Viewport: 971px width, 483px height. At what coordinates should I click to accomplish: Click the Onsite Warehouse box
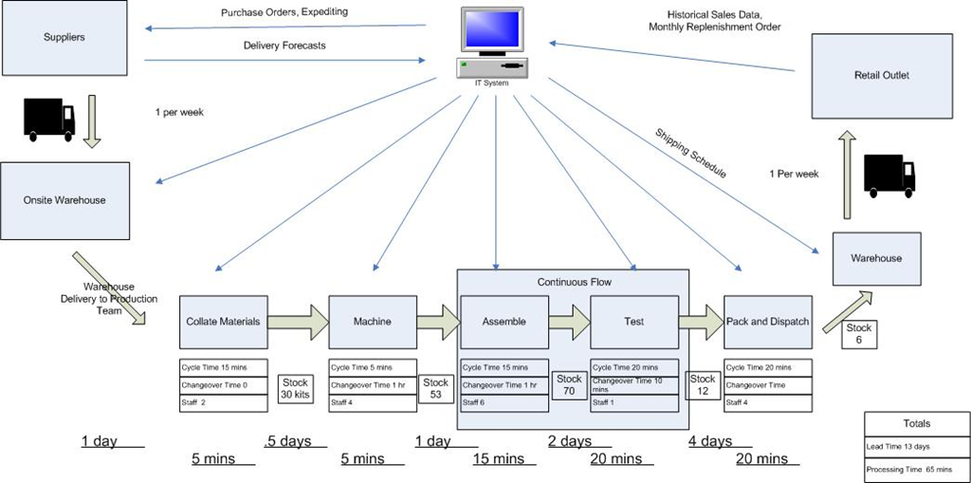64,200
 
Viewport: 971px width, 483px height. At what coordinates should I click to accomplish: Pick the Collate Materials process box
223,322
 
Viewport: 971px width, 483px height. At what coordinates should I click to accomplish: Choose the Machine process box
372,322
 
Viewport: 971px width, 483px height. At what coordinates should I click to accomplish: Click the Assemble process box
504,322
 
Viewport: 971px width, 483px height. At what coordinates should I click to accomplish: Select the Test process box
634,322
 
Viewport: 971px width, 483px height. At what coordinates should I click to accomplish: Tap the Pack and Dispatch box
767,322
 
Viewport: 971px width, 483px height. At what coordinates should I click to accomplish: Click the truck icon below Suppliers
47,119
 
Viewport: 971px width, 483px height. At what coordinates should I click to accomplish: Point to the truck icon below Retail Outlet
889,176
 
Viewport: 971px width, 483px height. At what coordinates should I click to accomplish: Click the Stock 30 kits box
294,388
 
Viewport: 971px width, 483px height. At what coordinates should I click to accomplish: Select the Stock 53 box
435,388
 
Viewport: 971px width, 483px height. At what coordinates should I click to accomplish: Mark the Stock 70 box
569,384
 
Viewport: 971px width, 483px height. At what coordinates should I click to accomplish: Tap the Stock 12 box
703,384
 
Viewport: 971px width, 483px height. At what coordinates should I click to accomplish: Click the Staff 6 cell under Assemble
504,403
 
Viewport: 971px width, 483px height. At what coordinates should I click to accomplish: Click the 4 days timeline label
710,441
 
